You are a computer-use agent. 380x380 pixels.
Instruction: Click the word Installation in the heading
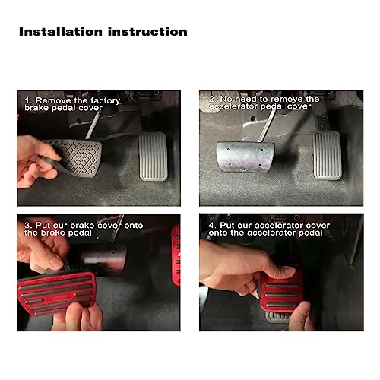pyautogui.click(x=59, y=32)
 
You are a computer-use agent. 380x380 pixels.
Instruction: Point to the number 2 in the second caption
pyautogui.click(x=213, y=99)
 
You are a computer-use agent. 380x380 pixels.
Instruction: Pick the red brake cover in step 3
pyautogui.click(x=76, y=293)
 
